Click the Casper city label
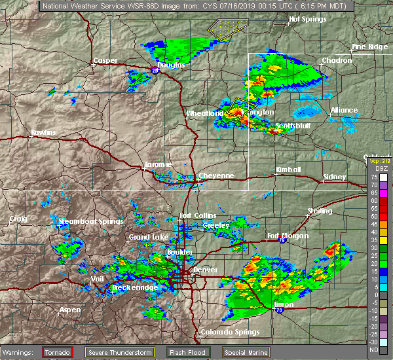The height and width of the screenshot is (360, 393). click(105, 61)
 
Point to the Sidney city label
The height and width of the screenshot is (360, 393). click(335, 177)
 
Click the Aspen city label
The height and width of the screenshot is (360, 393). click(70, 310)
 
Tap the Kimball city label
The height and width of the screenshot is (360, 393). click(288, 170)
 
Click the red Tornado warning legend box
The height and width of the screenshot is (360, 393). click(58, 352)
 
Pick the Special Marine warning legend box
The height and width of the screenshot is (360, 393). click(246, 352)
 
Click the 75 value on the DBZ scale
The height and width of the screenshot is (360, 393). click(373, 177)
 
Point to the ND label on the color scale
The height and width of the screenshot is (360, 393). click(373, 350)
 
